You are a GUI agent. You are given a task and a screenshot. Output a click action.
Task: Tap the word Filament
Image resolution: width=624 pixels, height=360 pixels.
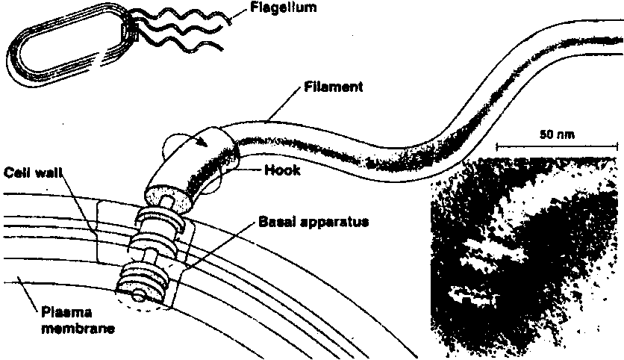(x=334, y=87)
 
